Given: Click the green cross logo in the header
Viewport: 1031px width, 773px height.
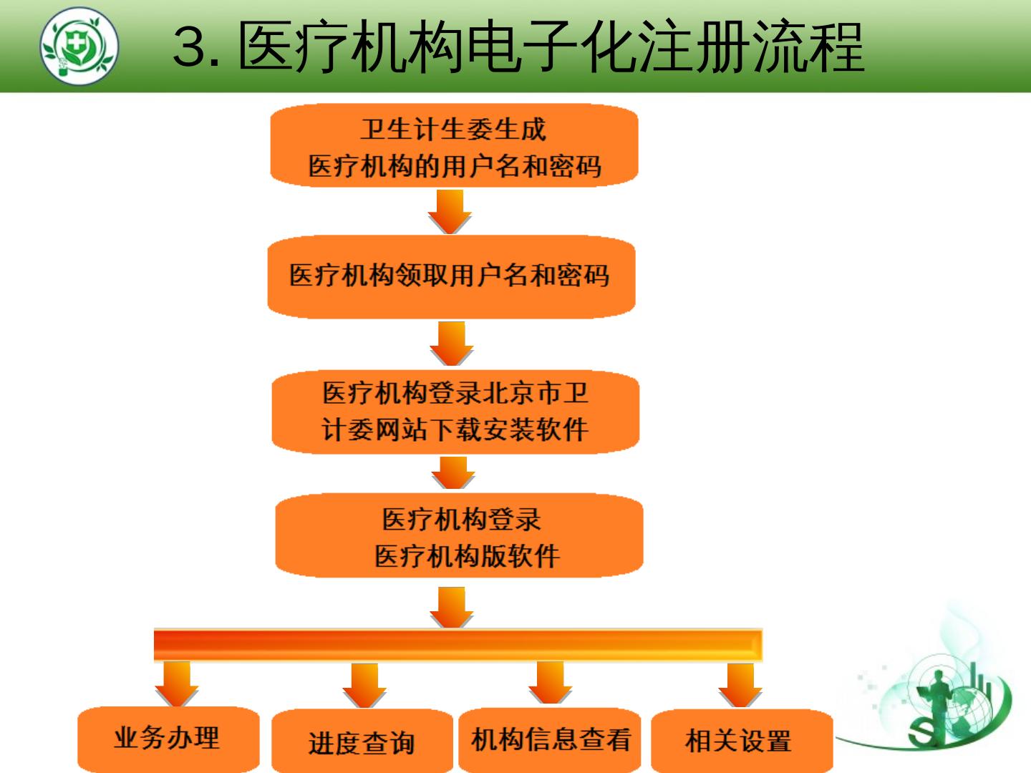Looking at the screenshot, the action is pos(79,47).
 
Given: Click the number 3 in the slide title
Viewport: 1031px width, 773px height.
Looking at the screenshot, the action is pos(193,47).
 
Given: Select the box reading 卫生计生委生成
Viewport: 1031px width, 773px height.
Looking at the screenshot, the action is pos(453,146).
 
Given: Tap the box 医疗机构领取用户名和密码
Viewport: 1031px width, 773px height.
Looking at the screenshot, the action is pos(451,276).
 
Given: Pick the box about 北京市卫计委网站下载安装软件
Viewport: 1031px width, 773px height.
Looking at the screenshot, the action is pos(455,412).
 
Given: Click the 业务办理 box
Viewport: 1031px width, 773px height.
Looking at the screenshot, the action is pos(168,739).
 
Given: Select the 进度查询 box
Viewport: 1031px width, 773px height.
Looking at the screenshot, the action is pos(362,742).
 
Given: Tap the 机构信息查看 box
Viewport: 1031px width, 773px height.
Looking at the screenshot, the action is pos(550,740).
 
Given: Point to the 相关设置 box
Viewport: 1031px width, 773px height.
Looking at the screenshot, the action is pos(741,740).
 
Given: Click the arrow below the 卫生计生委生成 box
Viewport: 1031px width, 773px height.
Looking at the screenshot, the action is pos(450,211).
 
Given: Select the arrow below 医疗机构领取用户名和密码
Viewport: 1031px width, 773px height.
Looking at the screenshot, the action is pos(451,343).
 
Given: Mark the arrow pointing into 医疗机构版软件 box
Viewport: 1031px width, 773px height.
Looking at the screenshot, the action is pos(453,473).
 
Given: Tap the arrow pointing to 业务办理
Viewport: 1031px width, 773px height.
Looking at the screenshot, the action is pos(176,684).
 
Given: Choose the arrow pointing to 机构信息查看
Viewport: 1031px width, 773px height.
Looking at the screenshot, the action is pos(550,683).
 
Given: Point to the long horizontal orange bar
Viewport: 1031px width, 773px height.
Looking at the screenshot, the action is pos(458,645).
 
